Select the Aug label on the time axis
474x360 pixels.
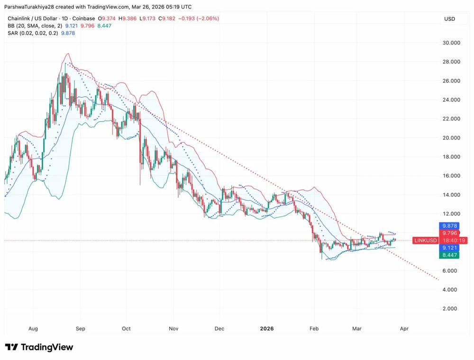pos(33,327)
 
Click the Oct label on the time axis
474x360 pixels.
pos(126,327)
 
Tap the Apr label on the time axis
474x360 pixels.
pos(404,327)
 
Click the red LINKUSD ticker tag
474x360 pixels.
pos(425,241)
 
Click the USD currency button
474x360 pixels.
pos(449,18)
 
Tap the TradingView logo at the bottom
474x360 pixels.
pos(39,347)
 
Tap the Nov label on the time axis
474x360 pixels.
pos(173,327)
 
